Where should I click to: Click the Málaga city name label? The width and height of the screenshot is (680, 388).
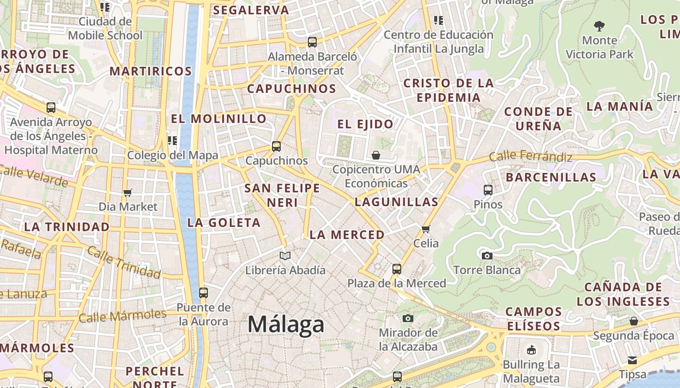coord(286,324)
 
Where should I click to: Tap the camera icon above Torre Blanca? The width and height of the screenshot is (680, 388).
coord(487,256)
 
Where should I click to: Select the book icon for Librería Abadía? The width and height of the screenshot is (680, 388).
coord(285,256)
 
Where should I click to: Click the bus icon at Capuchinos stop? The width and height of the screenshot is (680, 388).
coord(276,146)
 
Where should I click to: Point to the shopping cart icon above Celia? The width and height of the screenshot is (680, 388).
coord(426,229)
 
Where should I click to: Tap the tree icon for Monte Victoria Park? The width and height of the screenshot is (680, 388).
coord(599,26)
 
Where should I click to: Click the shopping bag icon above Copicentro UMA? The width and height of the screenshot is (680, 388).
coord(376,155)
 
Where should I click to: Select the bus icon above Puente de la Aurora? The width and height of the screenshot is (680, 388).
coord(204,293)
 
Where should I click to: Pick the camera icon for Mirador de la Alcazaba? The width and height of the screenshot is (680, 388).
coord(408,318)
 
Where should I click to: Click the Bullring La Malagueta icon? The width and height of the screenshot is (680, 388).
coord(531,350)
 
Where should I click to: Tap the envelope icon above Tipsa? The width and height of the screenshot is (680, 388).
coord(632,360)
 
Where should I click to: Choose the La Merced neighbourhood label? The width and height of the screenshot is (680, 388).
coord(347,235)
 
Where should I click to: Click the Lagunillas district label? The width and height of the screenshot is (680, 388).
coord(396,202)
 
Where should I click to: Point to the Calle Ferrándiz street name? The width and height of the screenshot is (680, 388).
coord(530,156)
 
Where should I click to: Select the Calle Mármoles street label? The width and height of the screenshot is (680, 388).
coord(122,316)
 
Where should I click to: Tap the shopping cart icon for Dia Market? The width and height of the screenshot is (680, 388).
coord(128,193)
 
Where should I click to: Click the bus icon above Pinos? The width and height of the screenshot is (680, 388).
coord(488,190)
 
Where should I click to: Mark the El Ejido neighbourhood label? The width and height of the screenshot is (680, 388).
coord(365,124)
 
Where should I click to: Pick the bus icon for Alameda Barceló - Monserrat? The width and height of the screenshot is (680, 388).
coord(312,42)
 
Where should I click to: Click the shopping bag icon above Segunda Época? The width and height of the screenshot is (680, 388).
coord(633,321)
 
